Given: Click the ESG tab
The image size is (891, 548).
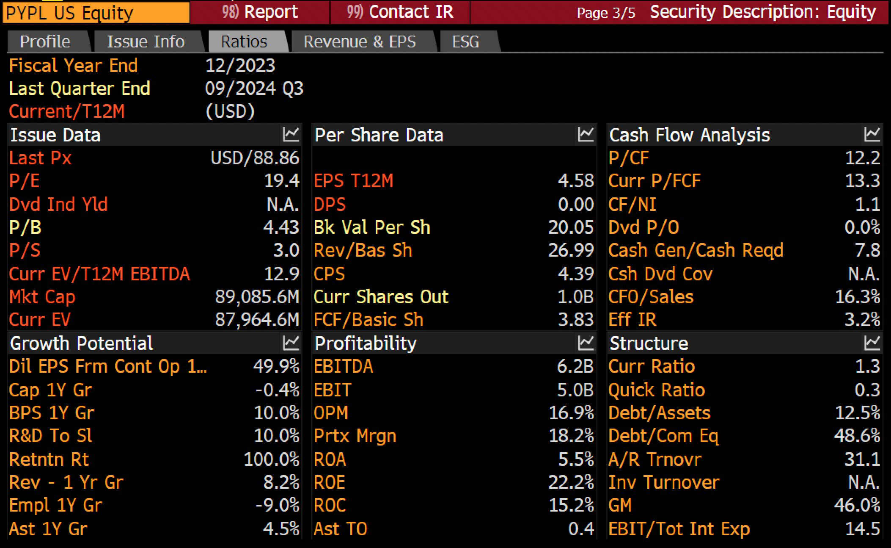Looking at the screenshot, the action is tap(466, 42).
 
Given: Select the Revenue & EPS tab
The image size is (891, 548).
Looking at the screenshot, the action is tap(360, 42).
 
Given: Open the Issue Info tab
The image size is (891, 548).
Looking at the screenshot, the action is tap(146, 42).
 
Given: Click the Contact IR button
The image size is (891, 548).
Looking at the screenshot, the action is tap(400, 12).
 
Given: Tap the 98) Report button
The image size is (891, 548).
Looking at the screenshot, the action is tap(260, 12).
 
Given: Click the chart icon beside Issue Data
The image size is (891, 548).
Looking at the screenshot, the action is tap(291, 135).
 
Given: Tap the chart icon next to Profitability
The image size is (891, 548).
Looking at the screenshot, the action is tap(586, 343).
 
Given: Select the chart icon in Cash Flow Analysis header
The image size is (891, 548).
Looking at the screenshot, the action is tap(872, 135).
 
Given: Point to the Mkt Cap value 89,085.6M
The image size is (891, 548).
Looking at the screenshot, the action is tap(257, 297).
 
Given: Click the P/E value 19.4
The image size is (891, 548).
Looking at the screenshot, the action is tap(281, 181).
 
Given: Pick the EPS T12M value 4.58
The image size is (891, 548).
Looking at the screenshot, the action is tap(576, 181).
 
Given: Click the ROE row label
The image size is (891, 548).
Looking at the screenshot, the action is tap(330, 482).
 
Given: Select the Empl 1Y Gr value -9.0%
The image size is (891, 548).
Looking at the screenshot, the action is tap(277, 505).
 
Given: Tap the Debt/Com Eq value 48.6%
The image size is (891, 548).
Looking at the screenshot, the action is tap(857, 436).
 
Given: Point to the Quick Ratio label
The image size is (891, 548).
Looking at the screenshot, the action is tap(657, 390).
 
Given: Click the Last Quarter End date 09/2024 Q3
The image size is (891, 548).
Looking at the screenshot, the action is tap(254, 89).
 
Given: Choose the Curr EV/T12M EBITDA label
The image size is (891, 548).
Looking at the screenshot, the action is tap(99, 274).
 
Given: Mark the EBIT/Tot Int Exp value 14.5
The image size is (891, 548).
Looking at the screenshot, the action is tap(863, 529).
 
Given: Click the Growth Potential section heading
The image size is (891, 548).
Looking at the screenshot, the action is tap(81, 343).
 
